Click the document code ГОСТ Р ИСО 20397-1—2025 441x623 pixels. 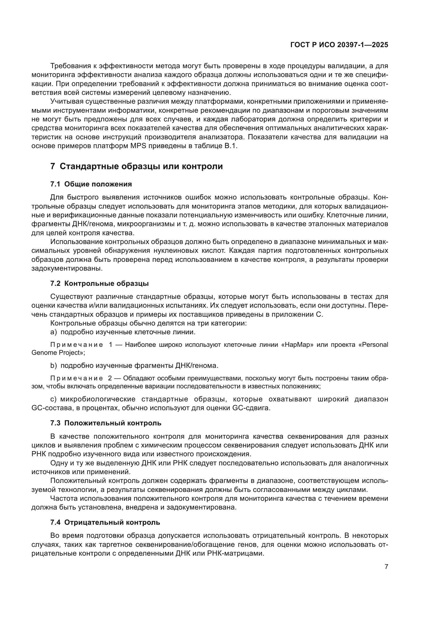click(339, 45)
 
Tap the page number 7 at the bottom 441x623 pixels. click(386, 567)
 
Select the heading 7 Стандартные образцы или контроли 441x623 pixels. click(136, 166)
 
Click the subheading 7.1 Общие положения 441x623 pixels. click(91, 184)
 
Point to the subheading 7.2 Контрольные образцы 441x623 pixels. click(99, 284)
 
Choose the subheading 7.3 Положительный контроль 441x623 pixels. click(106, 423)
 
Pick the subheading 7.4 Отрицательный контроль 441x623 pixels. click(105, 522)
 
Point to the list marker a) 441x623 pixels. click(54, 332)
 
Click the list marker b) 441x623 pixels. click(54, 365)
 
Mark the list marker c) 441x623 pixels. click(54, 399)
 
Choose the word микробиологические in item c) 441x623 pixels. click(98, 399)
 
